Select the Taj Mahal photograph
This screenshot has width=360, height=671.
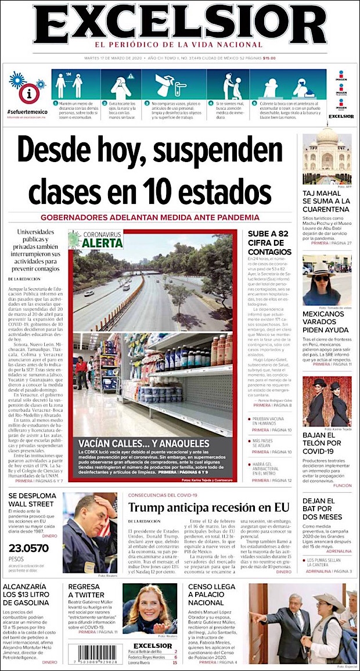coord(326,159)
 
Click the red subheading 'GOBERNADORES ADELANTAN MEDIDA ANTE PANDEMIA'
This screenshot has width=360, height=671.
coord(150,217)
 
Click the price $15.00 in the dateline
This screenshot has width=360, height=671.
coord(269,58)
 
